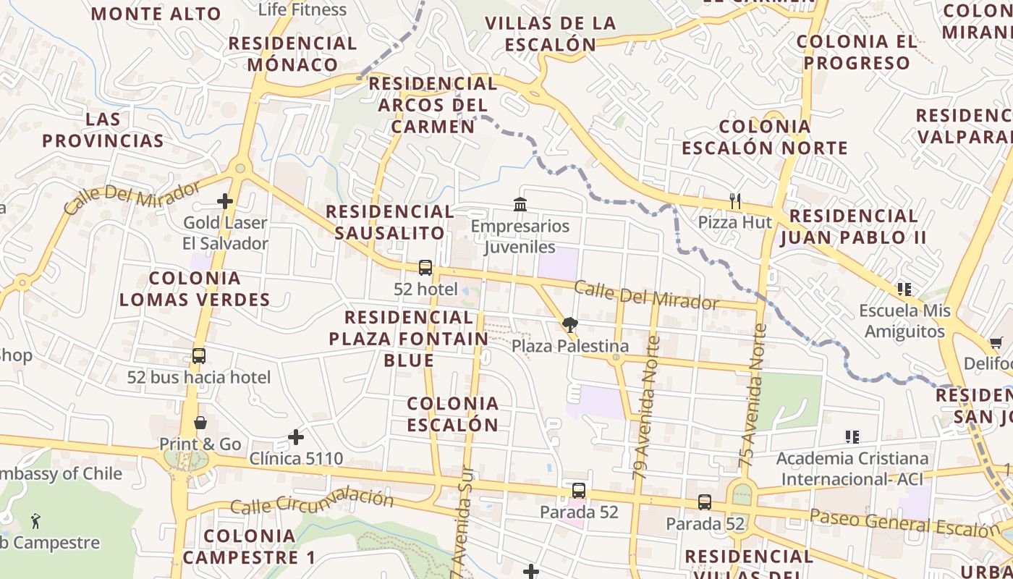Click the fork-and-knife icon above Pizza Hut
[x=735, y=201]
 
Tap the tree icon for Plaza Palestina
[x=569, y=325]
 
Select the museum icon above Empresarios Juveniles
[x=520, y=205]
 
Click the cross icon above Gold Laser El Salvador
[x=225, y=201]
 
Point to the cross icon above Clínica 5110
[x=295, y=436]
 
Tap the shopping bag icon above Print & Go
[x=200, y=423]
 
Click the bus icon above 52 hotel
[x=425, y=268]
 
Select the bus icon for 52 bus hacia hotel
[x=199, y=355]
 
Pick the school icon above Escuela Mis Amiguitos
[x=904, y=289]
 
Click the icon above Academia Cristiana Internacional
[x=852, y=436]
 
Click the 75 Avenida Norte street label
[x=753, y=394]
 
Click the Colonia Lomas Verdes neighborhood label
[x=195, y=289]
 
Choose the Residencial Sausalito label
[x=390, y=222]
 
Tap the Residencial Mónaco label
[x=293, y=54]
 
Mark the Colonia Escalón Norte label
[x=765, y=138]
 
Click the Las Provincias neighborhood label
[x=103, y=130]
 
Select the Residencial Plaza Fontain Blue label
[x=409, y=338]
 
